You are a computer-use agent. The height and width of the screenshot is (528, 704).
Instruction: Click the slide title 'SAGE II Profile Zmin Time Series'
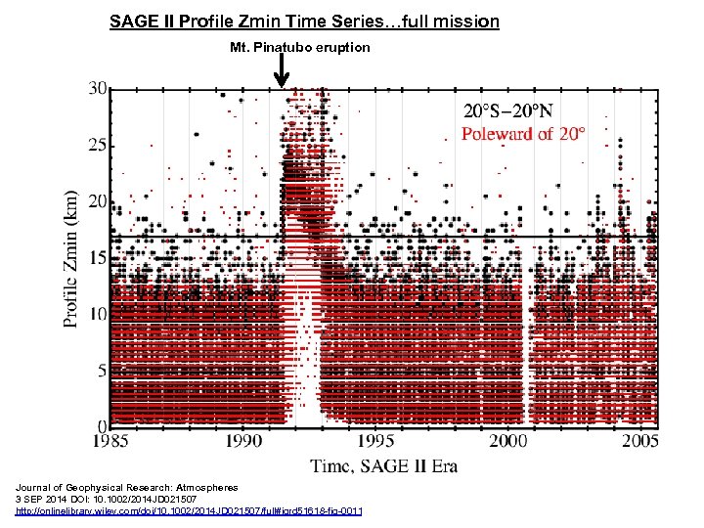coord(304,21)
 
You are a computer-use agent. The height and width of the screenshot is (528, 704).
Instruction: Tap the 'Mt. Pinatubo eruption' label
coord(300,47)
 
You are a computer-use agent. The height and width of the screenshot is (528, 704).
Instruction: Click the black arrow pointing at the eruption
coord(281,69)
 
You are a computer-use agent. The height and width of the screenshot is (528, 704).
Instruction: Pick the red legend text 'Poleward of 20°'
coord(523,134)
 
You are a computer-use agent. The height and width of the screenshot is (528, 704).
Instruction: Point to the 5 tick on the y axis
coord(100,371)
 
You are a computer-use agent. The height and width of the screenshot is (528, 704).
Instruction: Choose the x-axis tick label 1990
coord(244,442)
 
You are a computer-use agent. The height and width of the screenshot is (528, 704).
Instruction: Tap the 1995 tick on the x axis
coord(375,442)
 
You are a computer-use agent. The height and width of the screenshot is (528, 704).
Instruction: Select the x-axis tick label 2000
coord(507,442)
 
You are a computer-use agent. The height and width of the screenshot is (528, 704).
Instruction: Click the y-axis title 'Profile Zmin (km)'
coord(73,257)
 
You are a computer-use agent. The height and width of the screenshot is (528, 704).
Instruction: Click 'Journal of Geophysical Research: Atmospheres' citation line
coord(126,487)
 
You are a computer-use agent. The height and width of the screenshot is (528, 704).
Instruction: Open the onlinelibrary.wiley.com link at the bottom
coord(188,510)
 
